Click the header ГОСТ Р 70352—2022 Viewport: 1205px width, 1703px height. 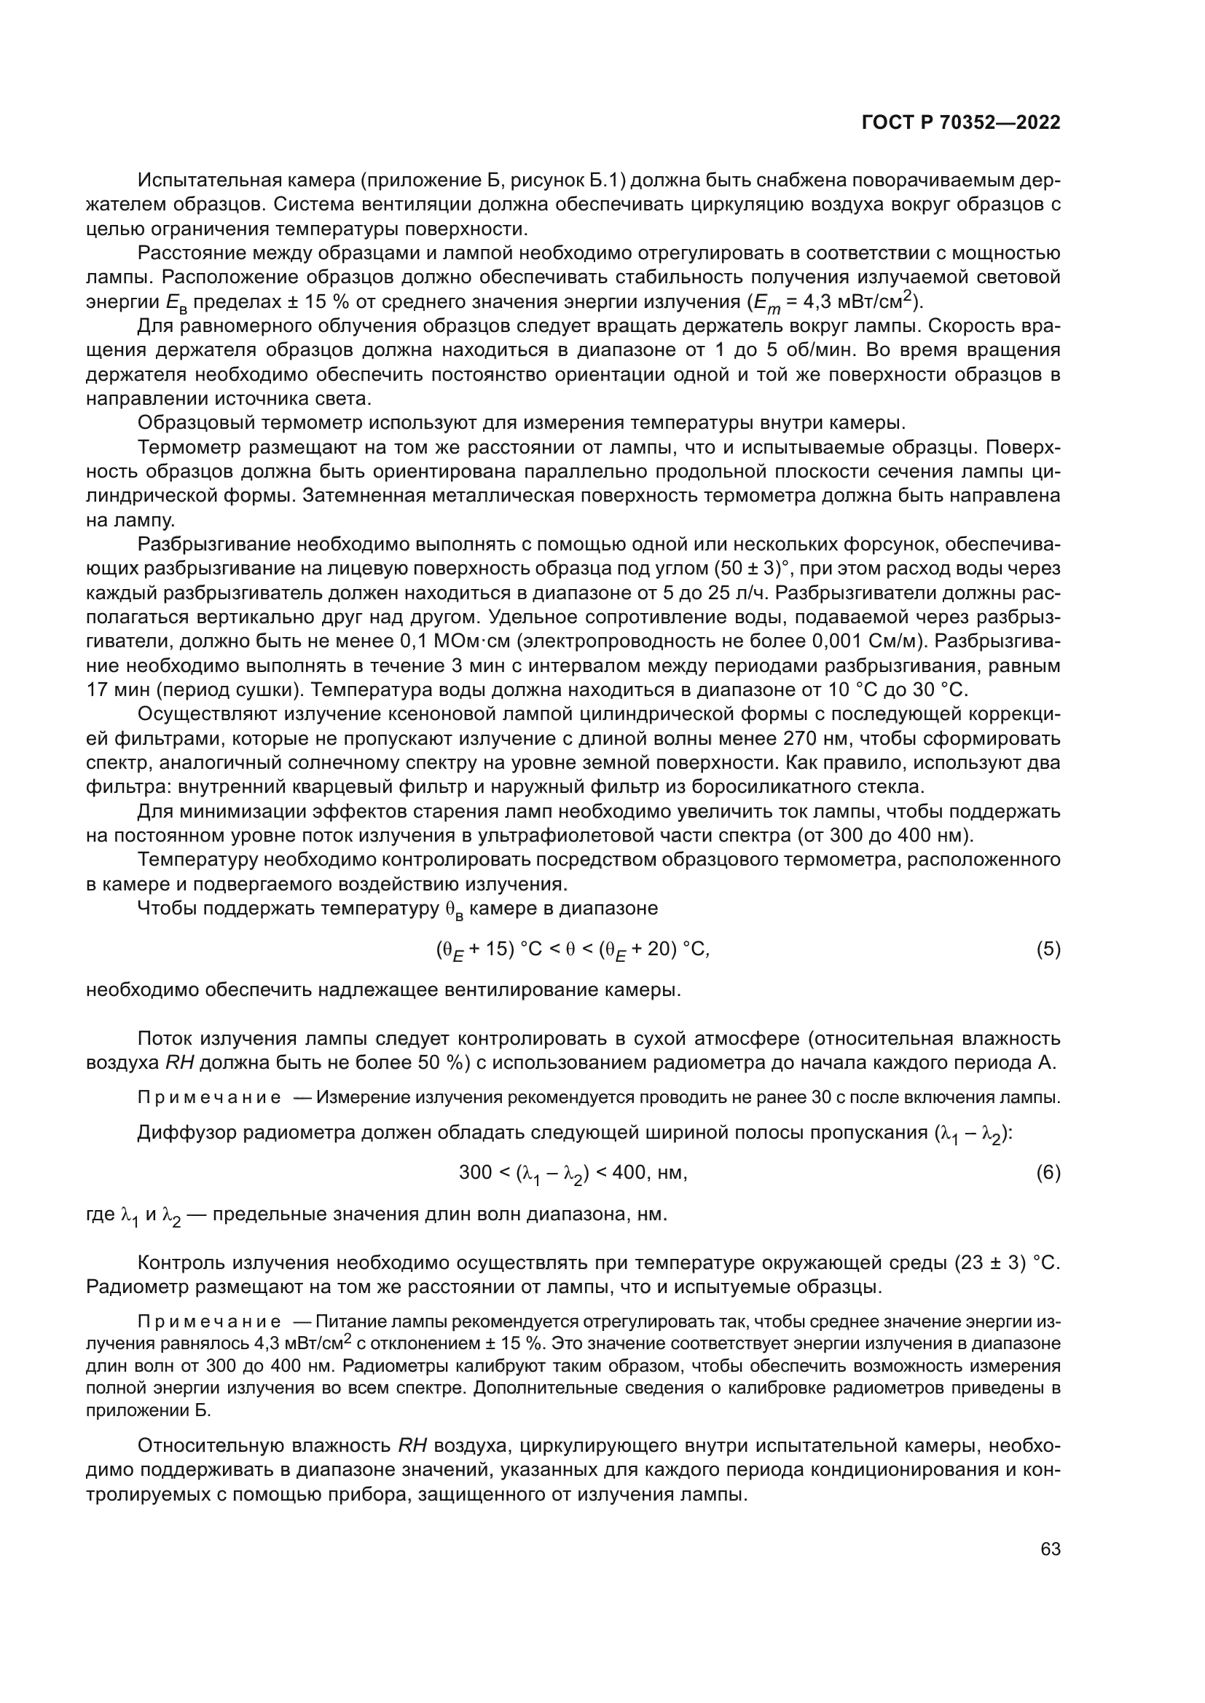[961, 122]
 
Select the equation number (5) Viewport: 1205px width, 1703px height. [1048, 949]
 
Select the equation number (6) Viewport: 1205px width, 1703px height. [1048, 1172]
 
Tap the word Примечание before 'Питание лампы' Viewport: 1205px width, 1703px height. [209, 1321]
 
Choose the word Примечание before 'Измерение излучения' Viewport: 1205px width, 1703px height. [209, 1098]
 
